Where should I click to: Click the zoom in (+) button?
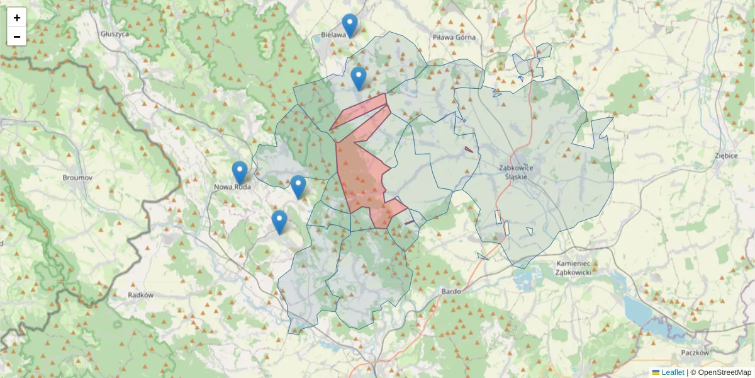pyautogui.click(x=17, y=18)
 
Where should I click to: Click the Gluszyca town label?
pyautogui.click(x=115, y=34)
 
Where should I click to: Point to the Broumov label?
pyautogui.click(x=77, y=178)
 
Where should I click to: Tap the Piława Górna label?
pyautogui.click(x=454, y=37)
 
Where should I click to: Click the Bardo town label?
pyautogui.click(x=452, y=291)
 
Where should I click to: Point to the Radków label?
pyautogui.click(x=141, y=295)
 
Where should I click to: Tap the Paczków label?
pyautogui.click(x=695, y=353)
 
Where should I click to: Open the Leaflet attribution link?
pyautogui.click(x=673, y=372)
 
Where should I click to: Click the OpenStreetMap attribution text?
pyautogui.click(x=724, y=372)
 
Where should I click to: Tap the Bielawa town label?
pyautogui.click(x=333, y=35)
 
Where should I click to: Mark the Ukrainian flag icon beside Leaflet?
pyautogui.click(x=656, y=372)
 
